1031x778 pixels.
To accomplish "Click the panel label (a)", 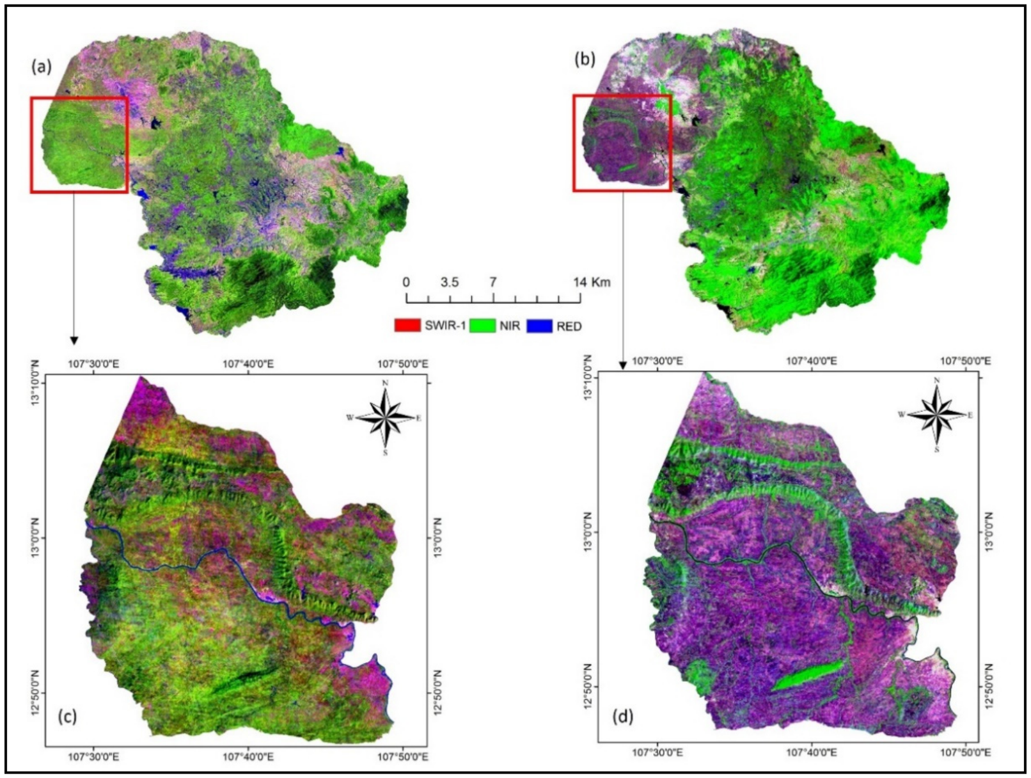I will [42, 66].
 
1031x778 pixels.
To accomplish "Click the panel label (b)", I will [585, 60].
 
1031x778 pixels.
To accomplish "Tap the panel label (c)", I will [67, 716].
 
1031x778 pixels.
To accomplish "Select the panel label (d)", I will [622, 716].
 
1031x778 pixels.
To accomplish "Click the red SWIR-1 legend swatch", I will [407, 326].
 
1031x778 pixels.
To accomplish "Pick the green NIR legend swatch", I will [483, 326].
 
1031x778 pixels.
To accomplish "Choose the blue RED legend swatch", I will [539, 326].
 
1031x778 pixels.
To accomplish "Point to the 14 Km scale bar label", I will [591, 282].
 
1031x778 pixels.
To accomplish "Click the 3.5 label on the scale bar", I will [450, 282].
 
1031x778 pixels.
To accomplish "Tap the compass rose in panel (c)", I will [385, 417].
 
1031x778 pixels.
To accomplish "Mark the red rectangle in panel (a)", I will [79, 98].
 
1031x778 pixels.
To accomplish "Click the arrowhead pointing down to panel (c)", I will [74, 340].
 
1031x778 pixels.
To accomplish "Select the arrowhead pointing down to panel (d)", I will [622, 365].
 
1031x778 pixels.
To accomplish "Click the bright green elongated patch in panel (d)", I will [808, 676].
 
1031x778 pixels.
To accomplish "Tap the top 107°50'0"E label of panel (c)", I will [402, 364].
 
